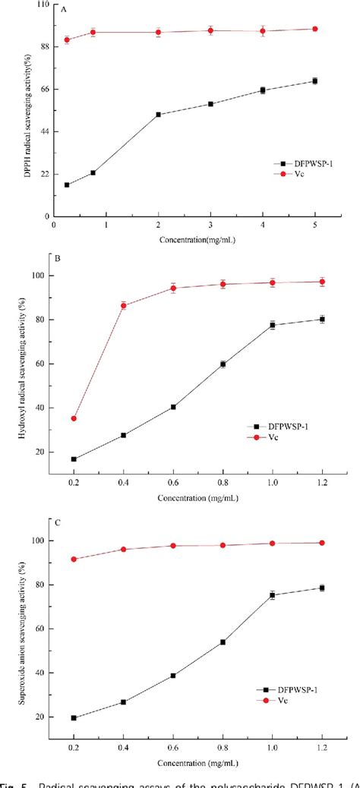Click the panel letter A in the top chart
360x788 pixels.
coord(62,11)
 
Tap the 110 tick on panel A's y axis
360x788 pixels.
coord(39,5)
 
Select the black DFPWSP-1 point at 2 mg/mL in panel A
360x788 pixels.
coord(158,115)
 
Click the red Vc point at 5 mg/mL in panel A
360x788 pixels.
coord(314,29)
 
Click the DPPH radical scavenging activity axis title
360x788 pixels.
coord(28,110)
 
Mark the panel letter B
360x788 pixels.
coord(57,257)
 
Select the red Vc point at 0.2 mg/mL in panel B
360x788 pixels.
coord(74,418)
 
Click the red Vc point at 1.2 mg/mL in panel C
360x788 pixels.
coord(322,543)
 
